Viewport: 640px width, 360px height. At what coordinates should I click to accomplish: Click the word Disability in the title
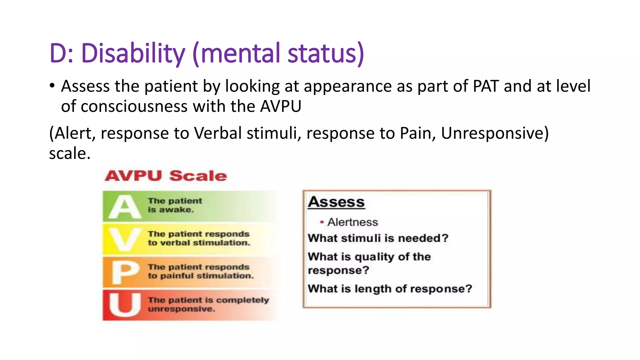(133, 53)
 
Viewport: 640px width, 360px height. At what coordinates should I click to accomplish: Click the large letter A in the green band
(124, 207)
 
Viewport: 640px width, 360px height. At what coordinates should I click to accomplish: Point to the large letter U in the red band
(124, 305)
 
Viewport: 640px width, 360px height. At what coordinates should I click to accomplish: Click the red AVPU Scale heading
(166, 176)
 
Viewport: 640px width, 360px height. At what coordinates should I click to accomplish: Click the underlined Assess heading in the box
(336, 202)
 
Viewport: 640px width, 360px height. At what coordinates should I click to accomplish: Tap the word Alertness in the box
(352, 222)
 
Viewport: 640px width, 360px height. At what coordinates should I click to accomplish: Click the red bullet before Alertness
(322, 222)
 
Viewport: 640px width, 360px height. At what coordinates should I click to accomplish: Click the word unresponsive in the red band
(181, 309)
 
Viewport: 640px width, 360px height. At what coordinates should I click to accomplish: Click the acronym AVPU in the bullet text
(281, 107)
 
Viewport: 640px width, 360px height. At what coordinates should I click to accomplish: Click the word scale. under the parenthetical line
(70, 153)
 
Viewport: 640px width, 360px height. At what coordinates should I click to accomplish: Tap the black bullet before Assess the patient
(52, 86)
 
